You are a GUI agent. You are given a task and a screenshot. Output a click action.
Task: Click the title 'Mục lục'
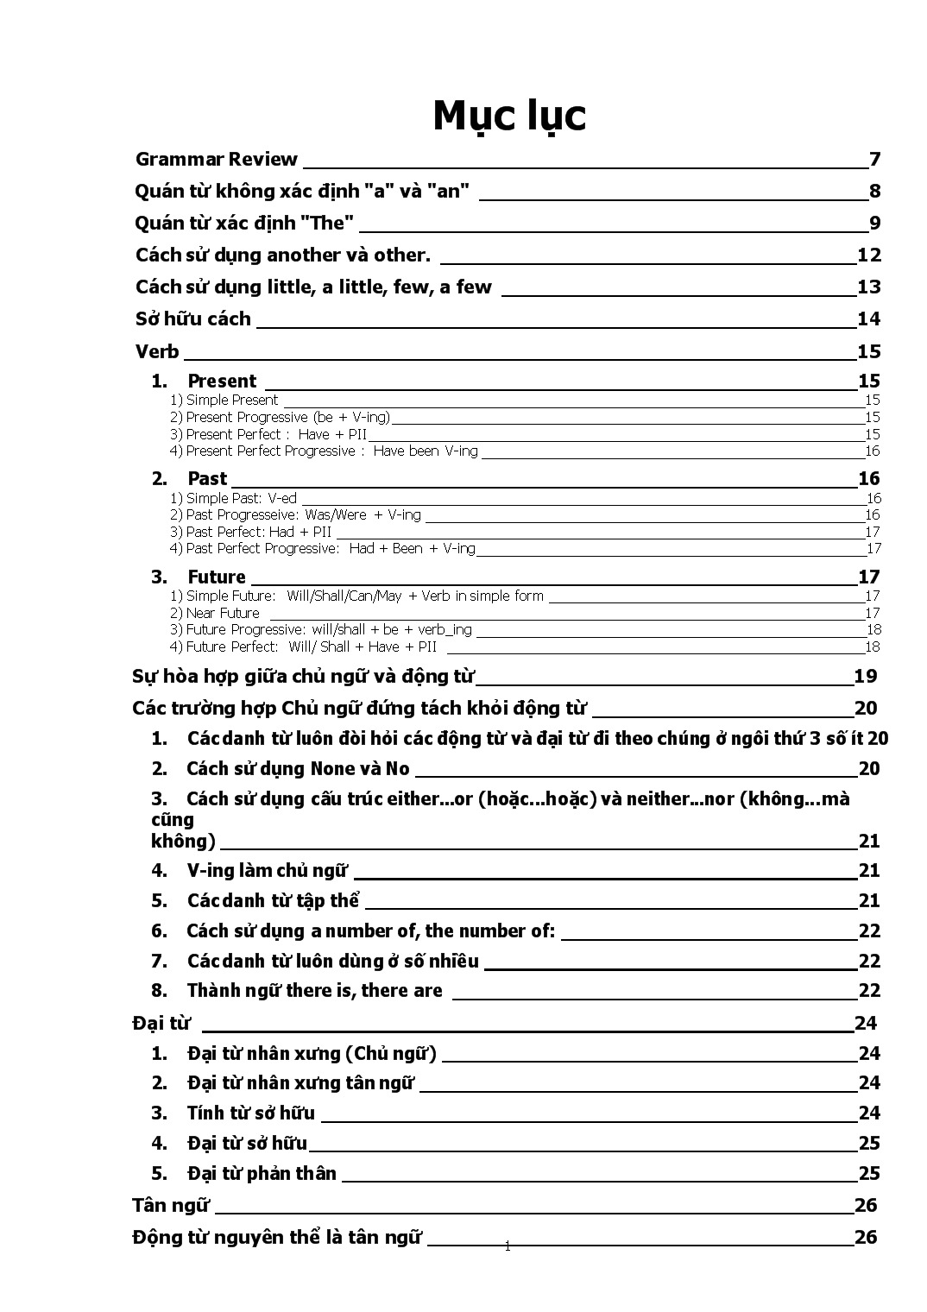[508, 117]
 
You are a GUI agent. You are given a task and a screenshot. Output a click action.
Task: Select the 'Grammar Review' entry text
[216, 160]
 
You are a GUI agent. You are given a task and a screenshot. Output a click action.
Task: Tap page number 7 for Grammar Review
[874, 160]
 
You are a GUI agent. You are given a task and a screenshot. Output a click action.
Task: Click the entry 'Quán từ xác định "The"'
[244, 224]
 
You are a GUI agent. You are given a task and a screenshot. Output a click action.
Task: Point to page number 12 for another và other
[868, 255]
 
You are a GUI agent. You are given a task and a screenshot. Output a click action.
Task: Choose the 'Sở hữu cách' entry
[192, 319]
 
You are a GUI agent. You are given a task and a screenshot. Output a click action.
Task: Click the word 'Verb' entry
[157, 351]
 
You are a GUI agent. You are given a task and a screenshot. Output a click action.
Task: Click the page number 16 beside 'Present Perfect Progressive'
[872, 451]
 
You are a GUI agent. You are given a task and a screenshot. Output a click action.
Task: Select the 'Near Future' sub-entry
[222, 614]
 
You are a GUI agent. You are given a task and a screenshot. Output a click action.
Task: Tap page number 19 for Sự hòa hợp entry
[865, 677]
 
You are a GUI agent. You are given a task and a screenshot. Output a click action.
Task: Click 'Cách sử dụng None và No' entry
[297, 769]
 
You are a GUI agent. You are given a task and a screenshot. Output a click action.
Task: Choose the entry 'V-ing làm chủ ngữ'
[267, 871]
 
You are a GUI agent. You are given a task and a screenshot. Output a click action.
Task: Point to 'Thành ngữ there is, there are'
[314, 991]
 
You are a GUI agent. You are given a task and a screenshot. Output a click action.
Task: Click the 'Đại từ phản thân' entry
[262, 1174]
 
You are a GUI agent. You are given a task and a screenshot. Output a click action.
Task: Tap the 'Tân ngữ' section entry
[170, 1206]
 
